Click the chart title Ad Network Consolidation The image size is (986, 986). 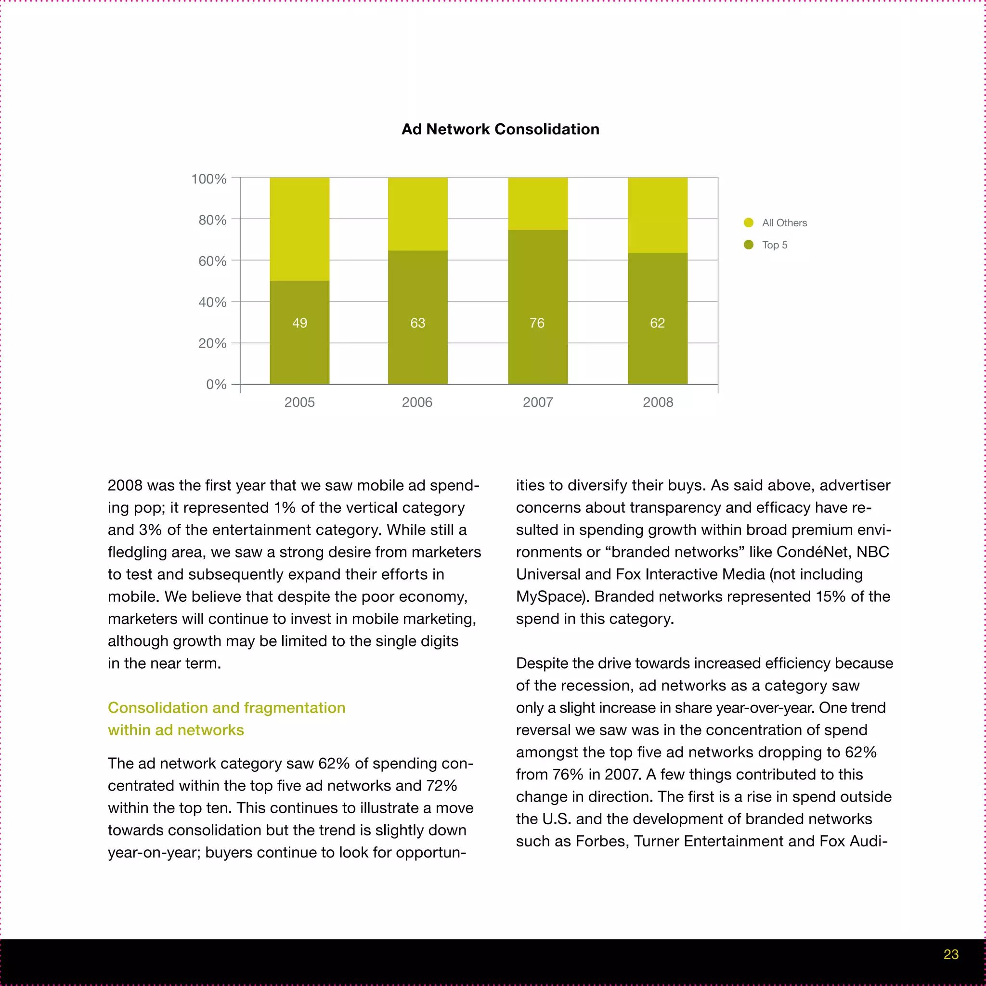pyautogui.click(x=500, y=129)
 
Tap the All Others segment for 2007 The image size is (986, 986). pyautogui.click(x=537, y=204)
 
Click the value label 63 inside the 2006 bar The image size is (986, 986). pyautogui.click(x=417, y=323)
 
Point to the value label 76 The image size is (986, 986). pyautogui.click(x=537, y=323)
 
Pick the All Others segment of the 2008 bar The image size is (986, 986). pyautogui.click(x=657, y=215)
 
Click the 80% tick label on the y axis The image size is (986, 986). pyautogui.click(x=212, y=220)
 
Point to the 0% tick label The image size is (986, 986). pyautogui.click(x=216, y=384)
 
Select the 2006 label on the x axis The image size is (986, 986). pyautogui.click(x=417, y=402)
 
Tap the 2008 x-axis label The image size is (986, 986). pyautogui.click(x=658, y=402)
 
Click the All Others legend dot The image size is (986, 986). pyautogui.click(x=749, y=222)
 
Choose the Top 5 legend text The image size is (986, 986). pyautogui.click(x=774, y=245)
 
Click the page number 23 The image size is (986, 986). pyautogui.click(x=951, y=954)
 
